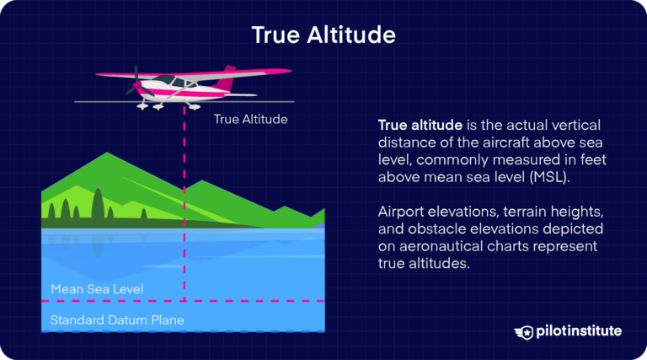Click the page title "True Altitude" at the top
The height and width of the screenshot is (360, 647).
[x=323, y=35]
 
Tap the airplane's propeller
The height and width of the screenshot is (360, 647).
[x=132, y=81]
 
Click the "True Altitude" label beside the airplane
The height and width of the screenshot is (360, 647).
[x=250, y=120]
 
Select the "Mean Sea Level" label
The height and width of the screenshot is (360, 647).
[x=97, y=289]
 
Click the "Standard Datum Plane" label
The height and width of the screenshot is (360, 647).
[x=117, y=320]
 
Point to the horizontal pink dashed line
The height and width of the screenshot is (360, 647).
[x=253, y=300]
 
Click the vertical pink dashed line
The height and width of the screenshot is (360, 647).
[x=182, y=211]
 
